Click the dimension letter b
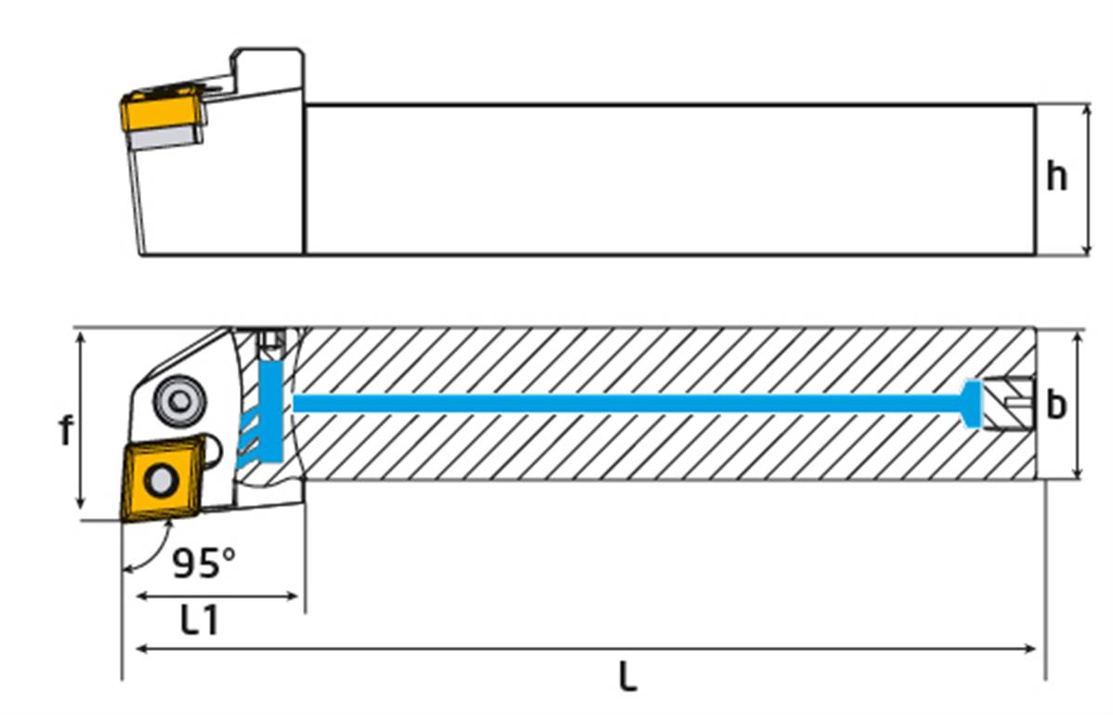1056,405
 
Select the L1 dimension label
199,620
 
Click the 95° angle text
203,562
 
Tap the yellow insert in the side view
152,114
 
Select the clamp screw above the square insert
177,399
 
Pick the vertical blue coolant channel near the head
270,409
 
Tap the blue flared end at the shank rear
972,404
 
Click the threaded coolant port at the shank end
1009,404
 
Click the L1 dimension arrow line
218,597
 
